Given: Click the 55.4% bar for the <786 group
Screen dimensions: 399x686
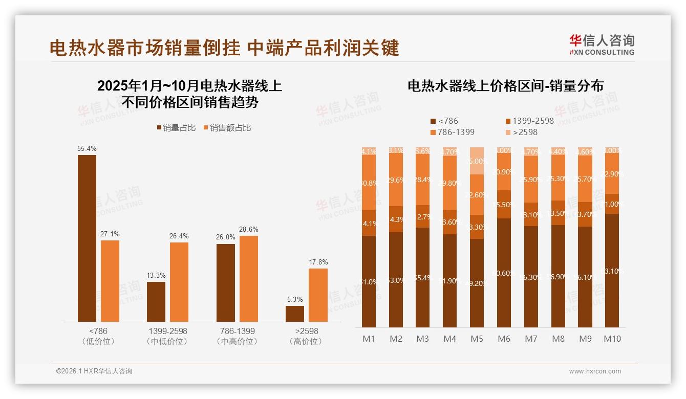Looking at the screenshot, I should point(87,238).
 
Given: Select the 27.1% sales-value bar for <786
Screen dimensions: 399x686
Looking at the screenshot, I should point(110,281).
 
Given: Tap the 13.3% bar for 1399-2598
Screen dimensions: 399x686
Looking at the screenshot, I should point(156,301).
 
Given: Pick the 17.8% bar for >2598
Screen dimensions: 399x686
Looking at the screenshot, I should point(318,295).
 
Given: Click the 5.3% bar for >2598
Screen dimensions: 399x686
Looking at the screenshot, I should point(295,314).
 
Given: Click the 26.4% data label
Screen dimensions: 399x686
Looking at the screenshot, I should point(179,236).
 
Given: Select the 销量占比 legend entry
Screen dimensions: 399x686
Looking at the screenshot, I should point(176,128).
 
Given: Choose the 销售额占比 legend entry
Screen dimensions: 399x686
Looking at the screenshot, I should point(227,128).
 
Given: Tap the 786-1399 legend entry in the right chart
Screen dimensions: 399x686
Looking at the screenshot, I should point(452,132).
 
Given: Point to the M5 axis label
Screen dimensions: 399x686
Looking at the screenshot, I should point(477,339).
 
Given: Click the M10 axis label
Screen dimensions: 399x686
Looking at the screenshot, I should point(612,339).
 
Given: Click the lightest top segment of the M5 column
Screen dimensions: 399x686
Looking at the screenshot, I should point(477,161).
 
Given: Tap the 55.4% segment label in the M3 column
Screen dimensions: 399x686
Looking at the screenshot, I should point(422,278).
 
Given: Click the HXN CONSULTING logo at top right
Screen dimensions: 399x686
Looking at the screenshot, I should point(602,45).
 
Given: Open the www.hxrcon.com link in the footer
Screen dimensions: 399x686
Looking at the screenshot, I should point(594,371).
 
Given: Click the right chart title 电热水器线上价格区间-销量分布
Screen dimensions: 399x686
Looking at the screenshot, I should point(505,86).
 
